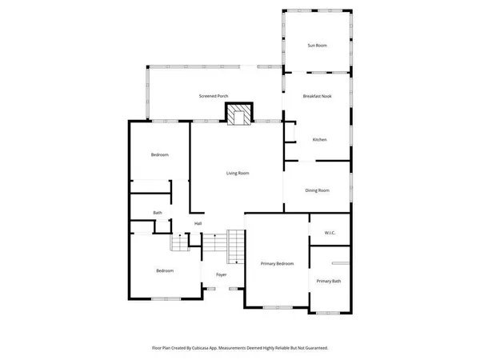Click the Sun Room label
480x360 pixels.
(318, 46)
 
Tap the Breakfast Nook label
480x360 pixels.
(318, 96)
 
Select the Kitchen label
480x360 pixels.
(320, 140)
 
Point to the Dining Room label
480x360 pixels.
(318, 190)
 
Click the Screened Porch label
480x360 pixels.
(214, 96)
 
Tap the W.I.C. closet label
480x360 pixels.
(330, 233)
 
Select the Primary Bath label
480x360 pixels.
(329, 281)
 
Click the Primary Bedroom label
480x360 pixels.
(277, 263)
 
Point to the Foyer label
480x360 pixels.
(221, 274)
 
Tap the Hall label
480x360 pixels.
(198, 223)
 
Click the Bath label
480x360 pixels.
(158, 213)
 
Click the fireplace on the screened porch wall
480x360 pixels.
(238, 117)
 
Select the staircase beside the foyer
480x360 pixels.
(236, 246)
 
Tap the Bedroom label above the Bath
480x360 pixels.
(160, 154)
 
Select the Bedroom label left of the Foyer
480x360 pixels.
(164, 270)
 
